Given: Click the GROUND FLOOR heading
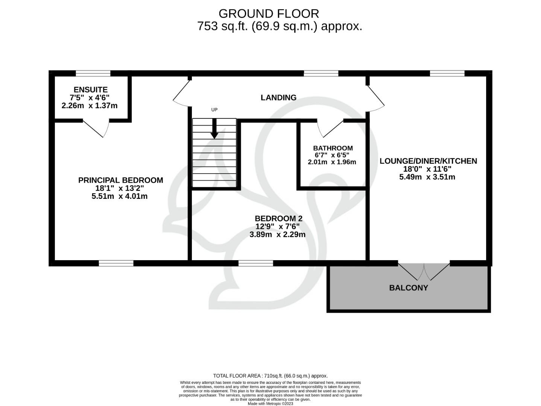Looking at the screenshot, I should pyautogui.click(x=269, y=14).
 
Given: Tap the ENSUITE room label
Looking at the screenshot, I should pyautogui.click(x=91, y=89).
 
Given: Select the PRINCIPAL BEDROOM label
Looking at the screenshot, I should pyautogui.click(x=120, y=180).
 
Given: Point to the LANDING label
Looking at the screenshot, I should pyautogui.click(x=278, y=97).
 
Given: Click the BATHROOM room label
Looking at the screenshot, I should pyautogui.click(x=333, y=148).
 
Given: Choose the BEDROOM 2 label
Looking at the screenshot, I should pyautogui.click(x=278, y=218).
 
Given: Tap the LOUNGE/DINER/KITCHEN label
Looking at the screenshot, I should pyautogui.click(x=428, y=161).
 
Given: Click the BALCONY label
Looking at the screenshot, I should pyautogui.click(x=409, y=288).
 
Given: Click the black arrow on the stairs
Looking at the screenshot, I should pyautogui.click(x=214, y=129).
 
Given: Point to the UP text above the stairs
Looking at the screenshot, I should pyautogui.click(x=214, y=110).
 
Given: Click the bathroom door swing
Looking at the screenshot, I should pyautogui.click(x=329, y=129).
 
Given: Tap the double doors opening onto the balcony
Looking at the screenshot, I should pyautogui.click(x=424, y=271).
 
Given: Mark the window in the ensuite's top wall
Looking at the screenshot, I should pyautogui.click(x=93, y=73).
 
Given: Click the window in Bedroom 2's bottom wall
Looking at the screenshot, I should pyautogui.click(x=256, y=263).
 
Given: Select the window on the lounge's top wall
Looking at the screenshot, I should pyautogui.click(x=447, y=73).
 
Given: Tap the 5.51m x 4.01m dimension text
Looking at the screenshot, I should pyautogui.click(x=120, y=196).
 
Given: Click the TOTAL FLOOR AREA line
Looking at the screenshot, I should pyautogui.click(x=270, y=376).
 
